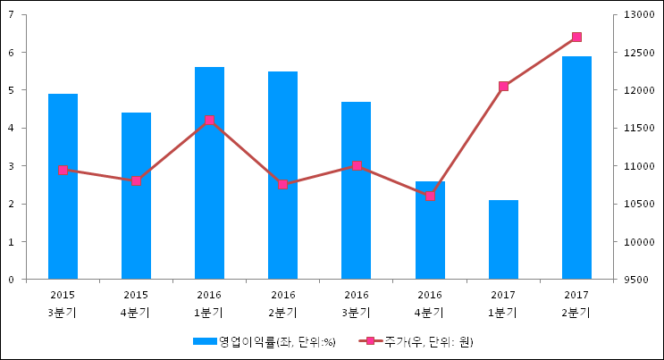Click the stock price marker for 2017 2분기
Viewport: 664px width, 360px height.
576,37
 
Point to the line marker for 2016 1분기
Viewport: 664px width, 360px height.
209,120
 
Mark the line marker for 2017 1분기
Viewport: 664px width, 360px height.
503,86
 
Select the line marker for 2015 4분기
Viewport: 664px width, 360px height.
136,180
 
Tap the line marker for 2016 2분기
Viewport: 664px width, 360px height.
282,184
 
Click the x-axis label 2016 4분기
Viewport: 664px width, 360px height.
430,304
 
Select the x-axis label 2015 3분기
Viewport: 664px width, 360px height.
63,304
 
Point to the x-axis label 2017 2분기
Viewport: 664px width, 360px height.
576,304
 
